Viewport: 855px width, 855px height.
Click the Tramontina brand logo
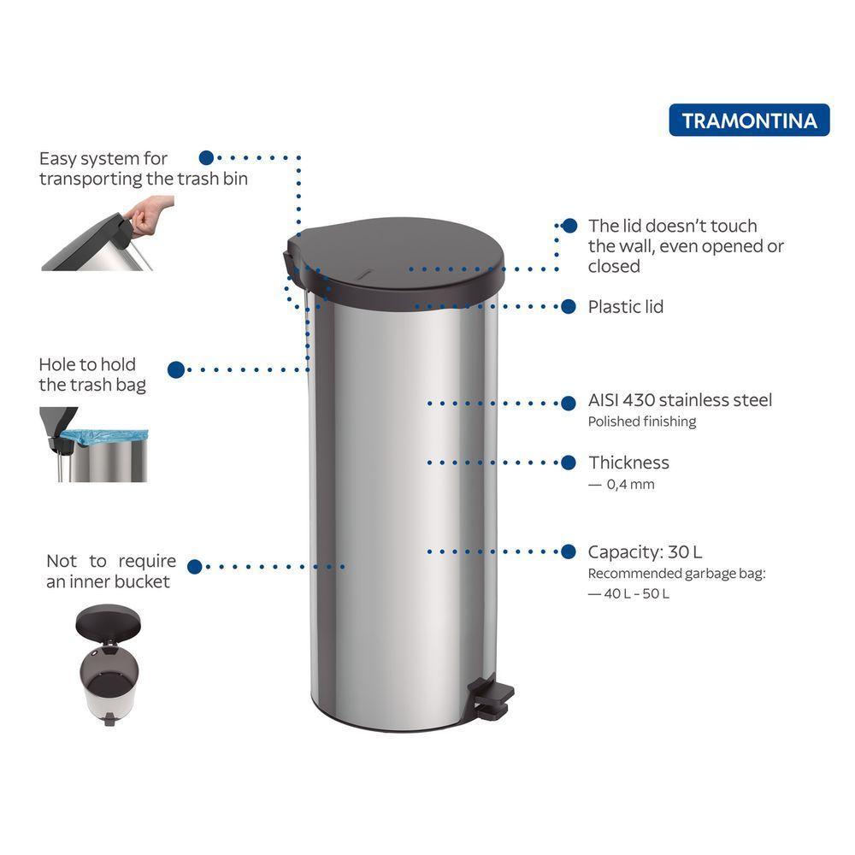coord(749,120)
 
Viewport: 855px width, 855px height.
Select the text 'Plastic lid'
coord(626,307)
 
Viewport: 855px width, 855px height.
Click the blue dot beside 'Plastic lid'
coord(569,306)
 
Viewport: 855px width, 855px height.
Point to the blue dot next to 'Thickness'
coord(569,463)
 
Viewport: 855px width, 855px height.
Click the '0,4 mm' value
coord(630,484)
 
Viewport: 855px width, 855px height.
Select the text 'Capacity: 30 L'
coord(645,551)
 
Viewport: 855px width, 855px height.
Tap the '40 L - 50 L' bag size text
coord(636,593)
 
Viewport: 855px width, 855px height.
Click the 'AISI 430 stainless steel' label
coord(680,400)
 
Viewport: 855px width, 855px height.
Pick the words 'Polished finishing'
coord(642,422)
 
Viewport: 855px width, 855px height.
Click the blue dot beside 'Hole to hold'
coord(176,369)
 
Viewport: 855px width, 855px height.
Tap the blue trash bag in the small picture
coord(103,437)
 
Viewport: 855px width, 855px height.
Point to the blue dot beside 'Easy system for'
coord(206,157)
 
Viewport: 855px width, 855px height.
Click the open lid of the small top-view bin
coord(108,622)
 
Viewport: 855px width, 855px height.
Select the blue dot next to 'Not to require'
coord(195,567)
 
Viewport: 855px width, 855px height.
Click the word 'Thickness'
coord(628,463)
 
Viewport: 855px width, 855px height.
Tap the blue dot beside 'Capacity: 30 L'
coord(569,551)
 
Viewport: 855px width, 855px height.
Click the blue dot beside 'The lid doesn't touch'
coord(569,226)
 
